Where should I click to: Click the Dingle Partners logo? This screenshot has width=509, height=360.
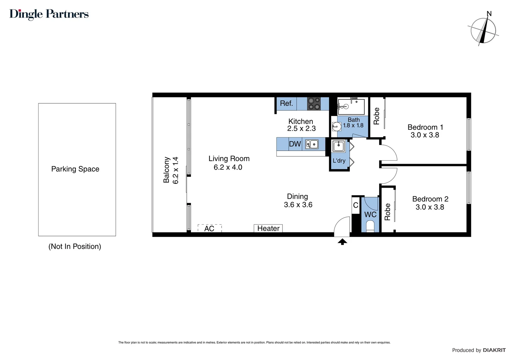click(49, 14)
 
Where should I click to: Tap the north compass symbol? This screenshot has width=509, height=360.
click(483, 30)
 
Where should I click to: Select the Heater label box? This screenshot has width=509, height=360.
click(268, 228)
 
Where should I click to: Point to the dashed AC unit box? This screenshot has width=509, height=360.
click(210, 228)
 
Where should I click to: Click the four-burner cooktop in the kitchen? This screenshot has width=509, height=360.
click(313, 103)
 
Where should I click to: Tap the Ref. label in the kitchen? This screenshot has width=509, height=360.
click(286, 103)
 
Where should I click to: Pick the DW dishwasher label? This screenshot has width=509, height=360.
click(295, 144)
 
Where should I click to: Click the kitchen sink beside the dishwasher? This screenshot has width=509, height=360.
click(312, 144)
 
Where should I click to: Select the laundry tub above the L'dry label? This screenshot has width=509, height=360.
click(339, 146)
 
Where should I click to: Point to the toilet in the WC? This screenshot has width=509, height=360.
click(370, 227)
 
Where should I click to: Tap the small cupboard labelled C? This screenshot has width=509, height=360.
click(355, 205)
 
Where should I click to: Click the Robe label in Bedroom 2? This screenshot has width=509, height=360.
click(387, 212)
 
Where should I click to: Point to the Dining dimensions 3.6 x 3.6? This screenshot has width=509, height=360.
click(298, 205)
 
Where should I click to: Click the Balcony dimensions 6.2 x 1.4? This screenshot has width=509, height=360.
click(176, 170)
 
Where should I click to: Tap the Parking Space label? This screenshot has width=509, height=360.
click(75, 169)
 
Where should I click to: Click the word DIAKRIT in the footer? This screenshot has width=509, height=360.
click(494, 350)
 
